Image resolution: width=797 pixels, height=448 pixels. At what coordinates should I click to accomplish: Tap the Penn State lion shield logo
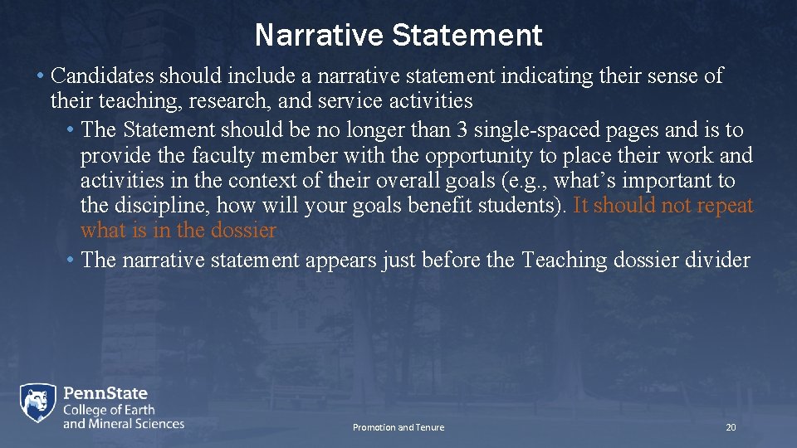pyautogui.click(x=38, y=405)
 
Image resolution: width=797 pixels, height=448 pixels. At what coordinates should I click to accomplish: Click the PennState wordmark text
pyautogui.click(x=105, y=392)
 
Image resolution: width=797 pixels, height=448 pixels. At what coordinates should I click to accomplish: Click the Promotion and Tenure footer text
pyautogui.click(x=398, y=427)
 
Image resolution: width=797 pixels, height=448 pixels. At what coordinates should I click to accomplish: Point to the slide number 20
pyautogui.click(x=731, y=427)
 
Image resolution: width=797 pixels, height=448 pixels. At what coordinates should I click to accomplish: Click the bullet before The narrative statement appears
pyautogui.click(x=70, y=261)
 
